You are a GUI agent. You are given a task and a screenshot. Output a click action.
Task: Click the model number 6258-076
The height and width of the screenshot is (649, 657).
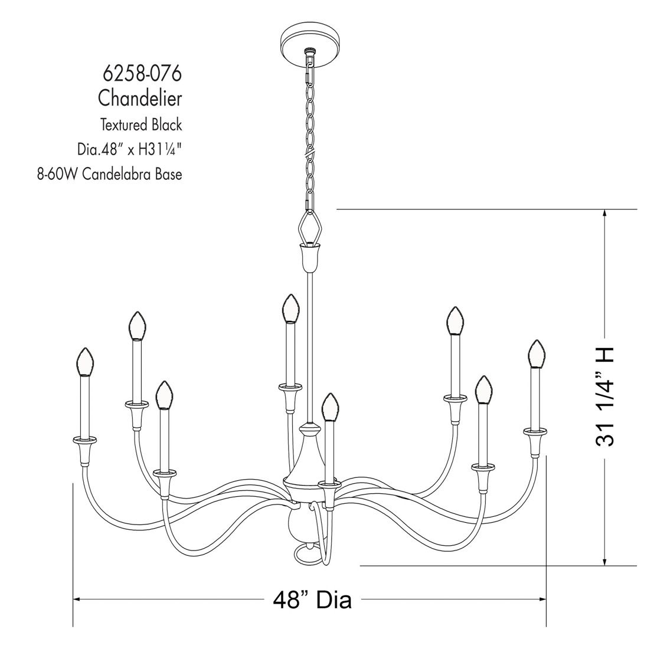[x=142, y=74]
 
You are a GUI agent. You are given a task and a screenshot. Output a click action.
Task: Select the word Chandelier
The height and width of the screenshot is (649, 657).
[x=140, y=99]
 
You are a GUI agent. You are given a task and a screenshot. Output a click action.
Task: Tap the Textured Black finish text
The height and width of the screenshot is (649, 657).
[x=141, y=124]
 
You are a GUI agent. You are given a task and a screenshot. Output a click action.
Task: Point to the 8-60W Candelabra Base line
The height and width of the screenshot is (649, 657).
[x=110, y=174]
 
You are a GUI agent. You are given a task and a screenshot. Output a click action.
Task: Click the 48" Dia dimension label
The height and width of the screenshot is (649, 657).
[x=312, y=600]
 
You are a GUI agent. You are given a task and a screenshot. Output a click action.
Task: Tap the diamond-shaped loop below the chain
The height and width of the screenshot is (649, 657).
[x=310, y=228]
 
